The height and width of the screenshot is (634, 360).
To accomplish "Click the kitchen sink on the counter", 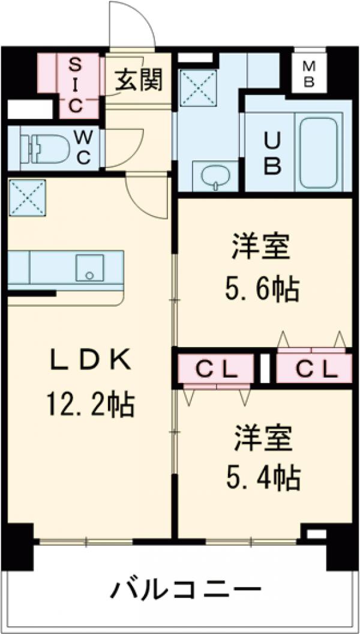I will point(89,268).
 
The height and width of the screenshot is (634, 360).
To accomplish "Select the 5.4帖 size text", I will point(262,478).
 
